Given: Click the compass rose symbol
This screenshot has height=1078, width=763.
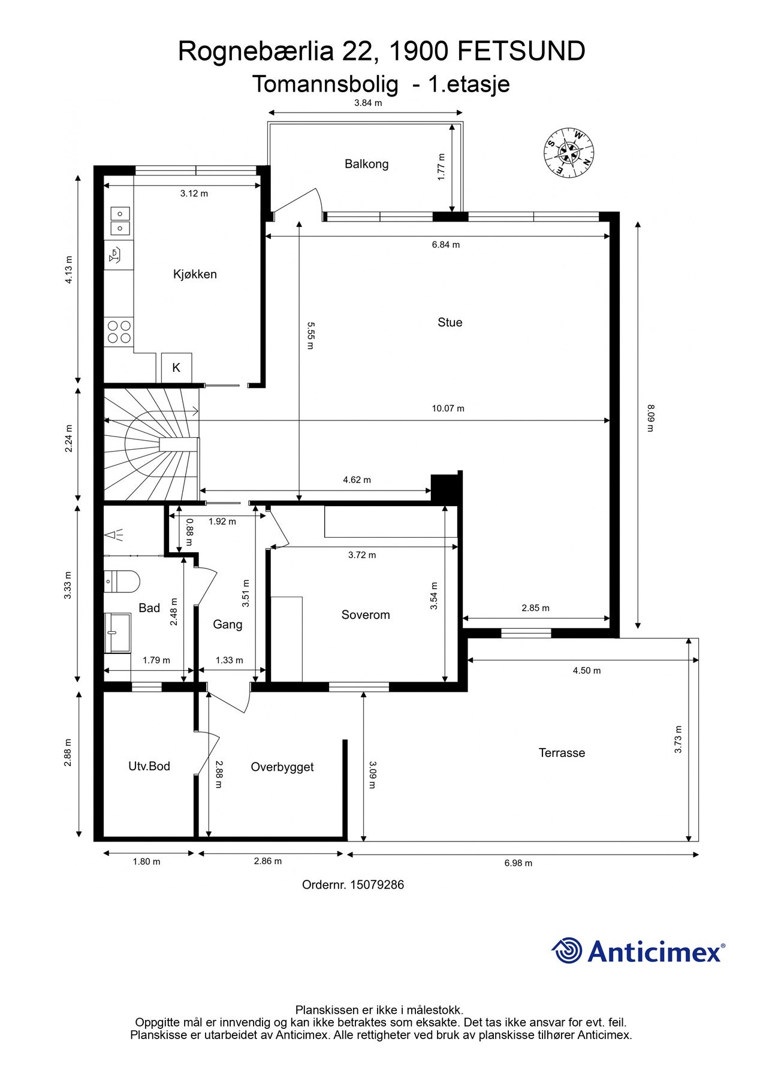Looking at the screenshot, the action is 569,152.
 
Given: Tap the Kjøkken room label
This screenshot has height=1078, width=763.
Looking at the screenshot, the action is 195,274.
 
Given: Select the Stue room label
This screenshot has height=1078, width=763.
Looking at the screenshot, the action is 450,322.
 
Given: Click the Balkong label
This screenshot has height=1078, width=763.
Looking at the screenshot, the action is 366,163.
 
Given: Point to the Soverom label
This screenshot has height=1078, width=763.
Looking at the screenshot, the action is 366,614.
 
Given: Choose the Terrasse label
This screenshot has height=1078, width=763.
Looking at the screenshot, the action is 562,753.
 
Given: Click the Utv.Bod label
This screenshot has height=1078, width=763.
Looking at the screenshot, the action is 149,766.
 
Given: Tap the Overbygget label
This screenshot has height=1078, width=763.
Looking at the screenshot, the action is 282,767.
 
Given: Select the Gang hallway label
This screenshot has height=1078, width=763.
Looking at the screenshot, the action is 228,625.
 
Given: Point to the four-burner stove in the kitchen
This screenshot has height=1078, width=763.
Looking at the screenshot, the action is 119,332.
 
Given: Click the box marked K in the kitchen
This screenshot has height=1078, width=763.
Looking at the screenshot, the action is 176,368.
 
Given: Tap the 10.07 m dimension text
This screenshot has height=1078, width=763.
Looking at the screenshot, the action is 448,408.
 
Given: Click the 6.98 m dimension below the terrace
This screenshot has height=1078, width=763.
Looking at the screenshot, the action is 518,863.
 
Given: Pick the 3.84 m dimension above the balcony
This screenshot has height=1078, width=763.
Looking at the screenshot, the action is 368,102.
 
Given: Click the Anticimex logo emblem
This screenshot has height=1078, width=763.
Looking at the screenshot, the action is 567,950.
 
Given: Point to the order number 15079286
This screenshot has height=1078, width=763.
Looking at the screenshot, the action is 377,885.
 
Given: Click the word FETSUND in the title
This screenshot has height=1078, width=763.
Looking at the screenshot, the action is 521,52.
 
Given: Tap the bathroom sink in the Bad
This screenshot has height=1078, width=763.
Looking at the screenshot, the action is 117,632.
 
